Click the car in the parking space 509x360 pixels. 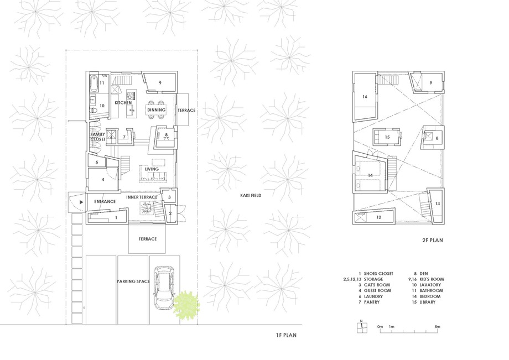pyautogui.click(x=164, y=288)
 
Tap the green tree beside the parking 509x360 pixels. pyautogui.click(x=186, y=304)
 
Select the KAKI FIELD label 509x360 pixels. pyautogui.click(x=251, y=195)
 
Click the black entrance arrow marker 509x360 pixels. pyautogui.click(x=81, y=202)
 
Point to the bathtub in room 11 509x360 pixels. pyautogui.click(x=94, y=84)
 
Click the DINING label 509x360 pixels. pyautogui.click(x=156, y=110)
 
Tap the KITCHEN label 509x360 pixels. pyautogui.click(x=123, y=102)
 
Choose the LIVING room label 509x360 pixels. pyautogui.click(x=152, y=169)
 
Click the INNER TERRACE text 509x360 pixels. pyautogui.click(x=142, y=197)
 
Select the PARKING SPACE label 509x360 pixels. pyautogui.click(x=133, y=281)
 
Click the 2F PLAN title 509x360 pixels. pyautogui.click(x=433, y=241)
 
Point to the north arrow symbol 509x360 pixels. pyautogui.click(x=362, y=327)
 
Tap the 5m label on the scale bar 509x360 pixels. pyautogui.click(x=438, y=327)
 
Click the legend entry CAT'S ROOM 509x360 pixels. pyautogui.click(x=377, y=285)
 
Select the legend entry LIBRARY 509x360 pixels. pyautogui.click(x=427, y=302)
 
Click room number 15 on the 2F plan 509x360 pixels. pyautogui.click(x=387, y=137)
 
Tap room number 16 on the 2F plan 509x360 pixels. pyautogui.click(x=365, y=97)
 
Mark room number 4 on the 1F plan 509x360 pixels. pyautogui.click(x=103, y=179)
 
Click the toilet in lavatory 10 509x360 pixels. pyautogui.click(x=93, y=110)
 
